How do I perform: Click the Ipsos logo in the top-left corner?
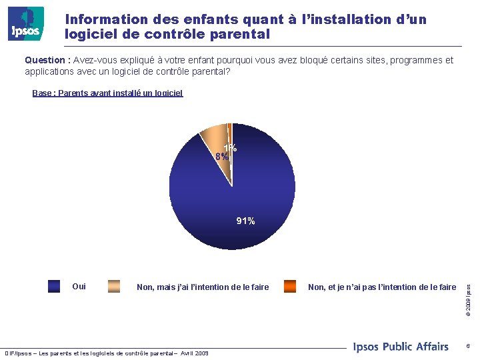tap(26, 24)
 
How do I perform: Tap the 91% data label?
tap(245, 221)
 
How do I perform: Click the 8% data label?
tap(221, 156)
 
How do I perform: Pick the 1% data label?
tap(231, 148)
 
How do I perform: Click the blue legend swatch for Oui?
tap(55, 287)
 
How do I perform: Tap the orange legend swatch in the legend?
tap(290, 287)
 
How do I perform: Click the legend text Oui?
tap(79, 287)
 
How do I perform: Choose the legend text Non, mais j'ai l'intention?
tap(203, 287)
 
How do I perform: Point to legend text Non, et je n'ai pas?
tap(382, 287)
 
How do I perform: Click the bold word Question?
tap(47, 60)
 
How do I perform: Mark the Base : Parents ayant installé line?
tap(107, 93)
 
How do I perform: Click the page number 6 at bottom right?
tap(468, 346)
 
